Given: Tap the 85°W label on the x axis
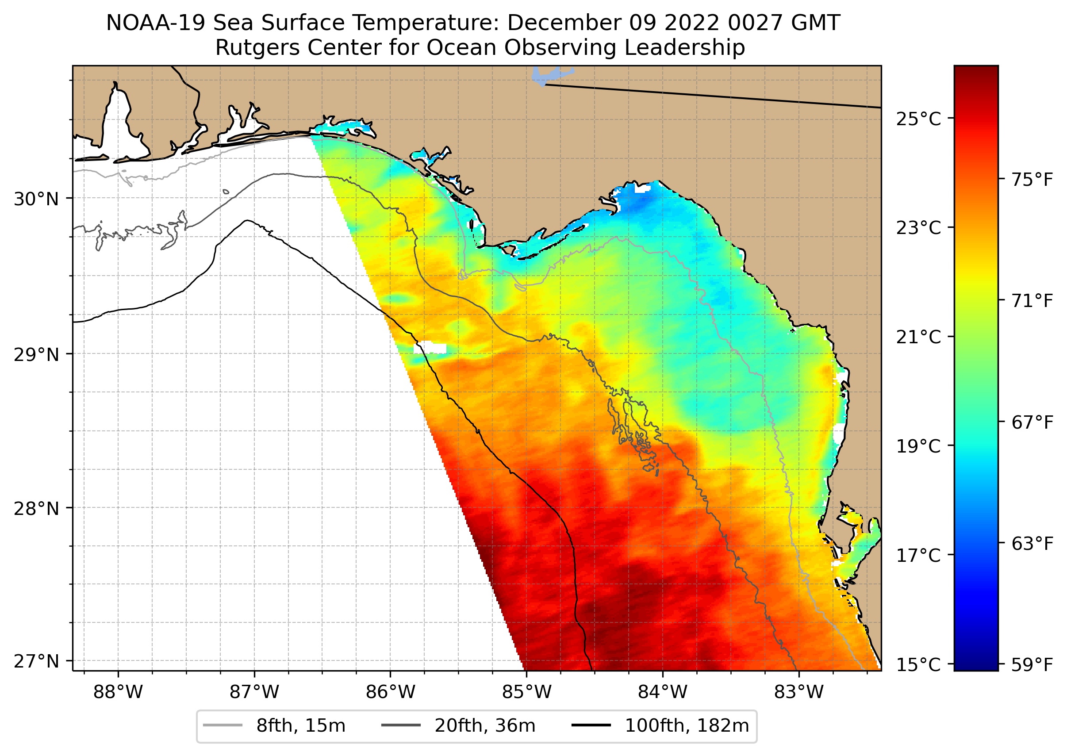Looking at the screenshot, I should coord(526,692).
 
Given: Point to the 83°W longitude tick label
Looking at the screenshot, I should coord(799,692).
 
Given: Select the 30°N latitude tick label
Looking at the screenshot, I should coord(36,199).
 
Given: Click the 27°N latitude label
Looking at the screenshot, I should coord(36,661).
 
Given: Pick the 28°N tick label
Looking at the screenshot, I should coord(36,509).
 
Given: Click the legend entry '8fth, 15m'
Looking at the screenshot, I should coord(301,726).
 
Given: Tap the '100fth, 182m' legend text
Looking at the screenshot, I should coord(687,726).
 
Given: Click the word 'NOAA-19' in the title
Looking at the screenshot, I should coord(155,23).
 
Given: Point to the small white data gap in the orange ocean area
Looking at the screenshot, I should coord(429,347).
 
